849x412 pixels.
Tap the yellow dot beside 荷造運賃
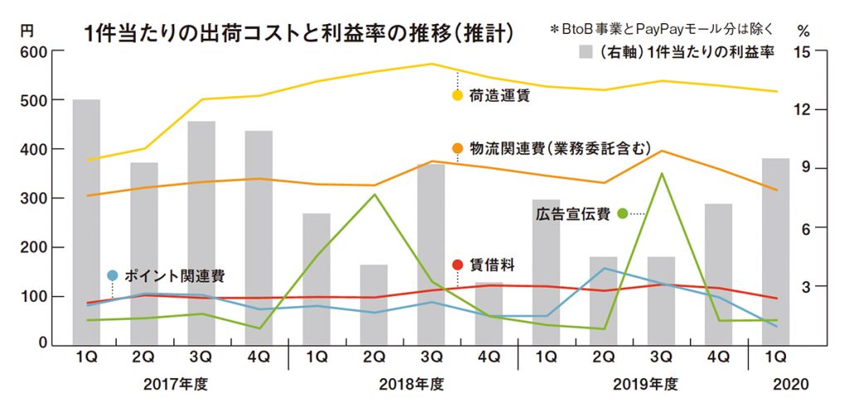tap(457, 96)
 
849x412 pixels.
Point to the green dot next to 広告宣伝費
tap(623, 214)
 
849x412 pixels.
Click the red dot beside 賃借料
tap(457, 264)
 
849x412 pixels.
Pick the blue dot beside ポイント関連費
tap(113, 275)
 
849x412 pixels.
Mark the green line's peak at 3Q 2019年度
tap(661, 173)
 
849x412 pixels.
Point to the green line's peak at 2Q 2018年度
tap(374, 194)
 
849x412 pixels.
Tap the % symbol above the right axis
tap(802, 31)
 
